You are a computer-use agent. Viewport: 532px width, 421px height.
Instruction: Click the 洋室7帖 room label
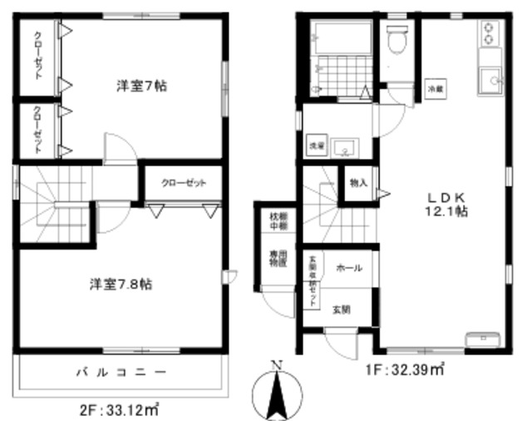tap(136, 86)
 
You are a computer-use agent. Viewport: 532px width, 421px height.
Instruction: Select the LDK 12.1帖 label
tap(450, 205)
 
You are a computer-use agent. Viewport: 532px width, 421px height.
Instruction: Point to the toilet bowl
tap(397, 38)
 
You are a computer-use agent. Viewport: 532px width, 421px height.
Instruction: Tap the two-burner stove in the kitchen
tap(489, 34)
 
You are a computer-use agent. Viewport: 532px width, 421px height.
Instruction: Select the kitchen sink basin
tap(490, 82)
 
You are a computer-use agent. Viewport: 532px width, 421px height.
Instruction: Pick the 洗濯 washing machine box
tap(316, 146)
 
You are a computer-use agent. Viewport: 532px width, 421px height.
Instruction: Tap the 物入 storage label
tap(358, 183)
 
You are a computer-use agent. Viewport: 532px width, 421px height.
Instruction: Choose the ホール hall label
tap(348, 268)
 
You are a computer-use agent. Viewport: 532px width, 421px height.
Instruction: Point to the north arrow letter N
tap(278, 364)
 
